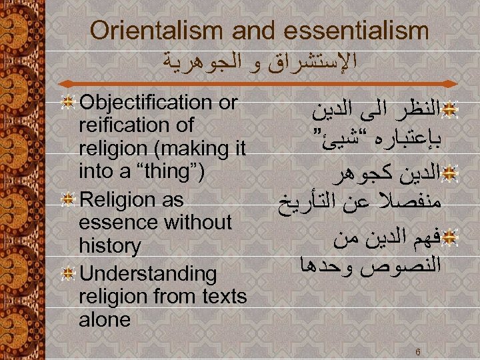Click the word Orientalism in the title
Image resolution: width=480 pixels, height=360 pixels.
(x=149, y=31)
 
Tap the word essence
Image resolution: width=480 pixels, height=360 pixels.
(x=117, y=222)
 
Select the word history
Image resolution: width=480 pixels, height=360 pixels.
(x=110, y=246)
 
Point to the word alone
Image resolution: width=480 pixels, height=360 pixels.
(x=105, y=320)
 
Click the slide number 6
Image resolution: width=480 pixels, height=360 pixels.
(x=416, y=351)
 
